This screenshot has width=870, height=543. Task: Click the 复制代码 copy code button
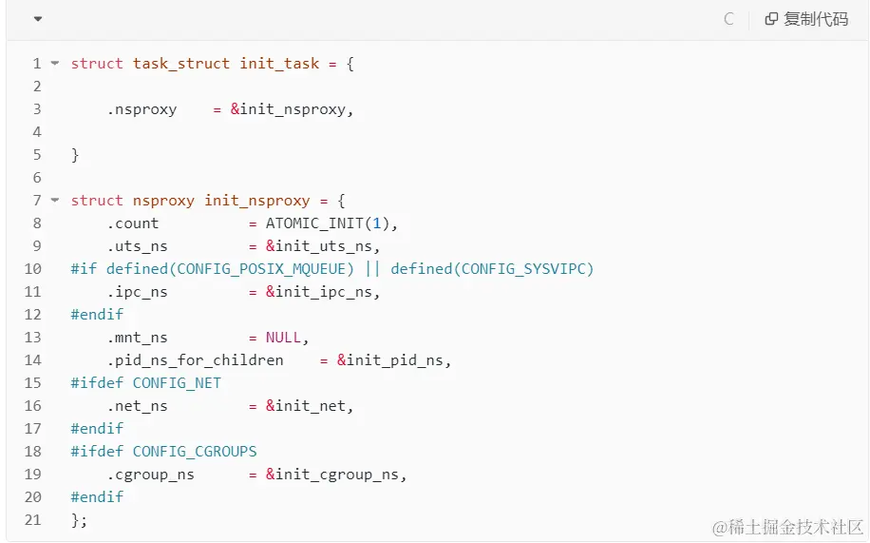coord(806,19)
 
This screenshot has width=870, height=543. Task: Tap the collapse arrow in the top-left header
coord(37,19)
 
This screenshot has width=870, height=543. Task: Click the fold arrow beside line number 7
coord(55,201)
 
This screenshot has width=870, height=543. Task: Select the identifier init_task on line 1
coord(279,64)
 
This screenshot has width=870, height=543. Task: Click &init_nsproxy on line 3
coord(291,109)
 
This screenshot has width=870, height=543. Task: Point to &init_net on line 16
coord(309,406)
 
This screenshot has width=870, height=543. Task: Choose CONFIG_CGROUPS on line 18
coord(195,452)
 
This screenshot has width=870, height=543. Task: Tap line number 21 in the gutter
coord(32,520)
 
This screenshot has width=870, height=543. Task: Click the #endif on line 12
coord(97,315)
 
